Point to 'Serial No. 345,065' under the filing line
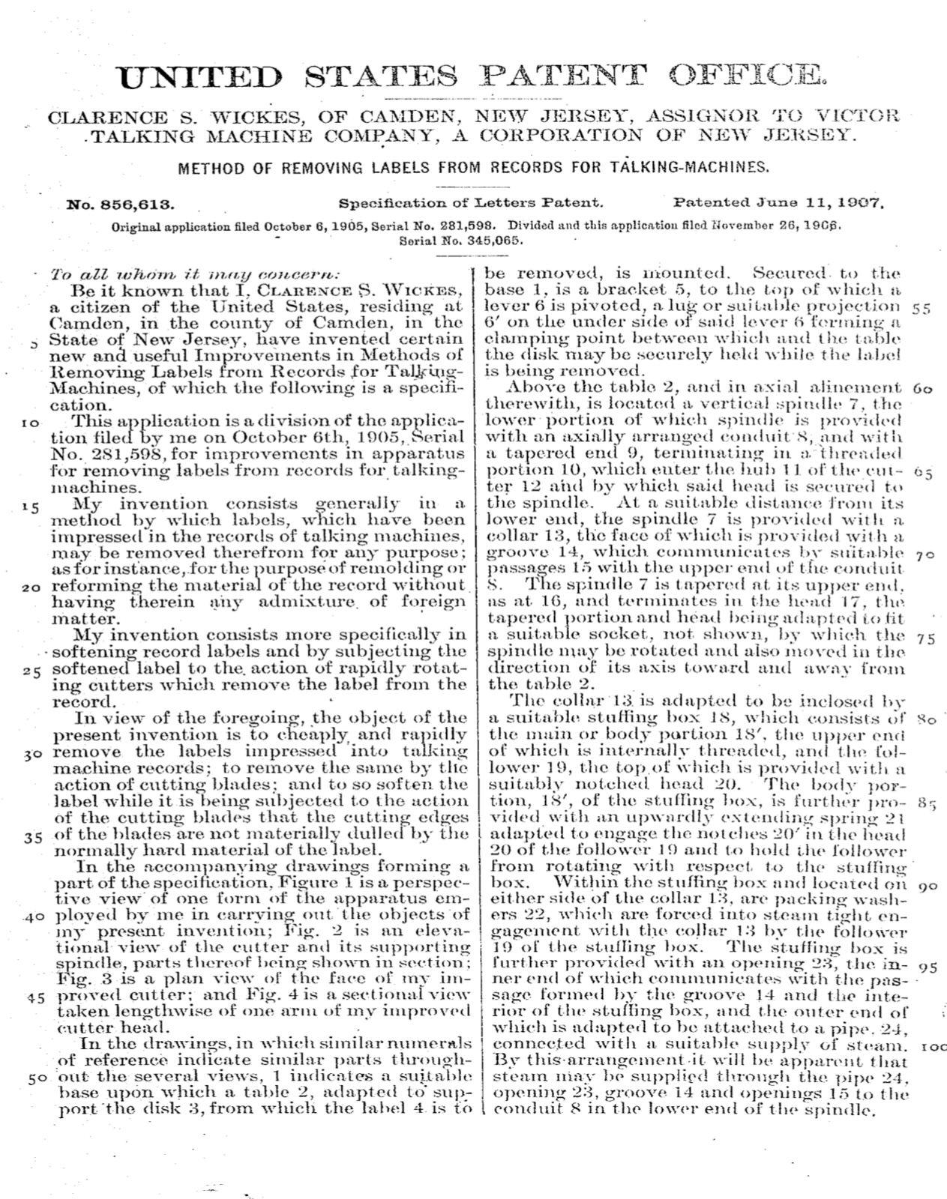click(x=461, y=241)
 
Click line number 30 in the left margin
click(x=31, y=753)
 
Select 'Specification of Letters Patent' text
click(x=471, y=202)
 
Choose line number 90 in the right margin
click(x=928, y=886)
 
